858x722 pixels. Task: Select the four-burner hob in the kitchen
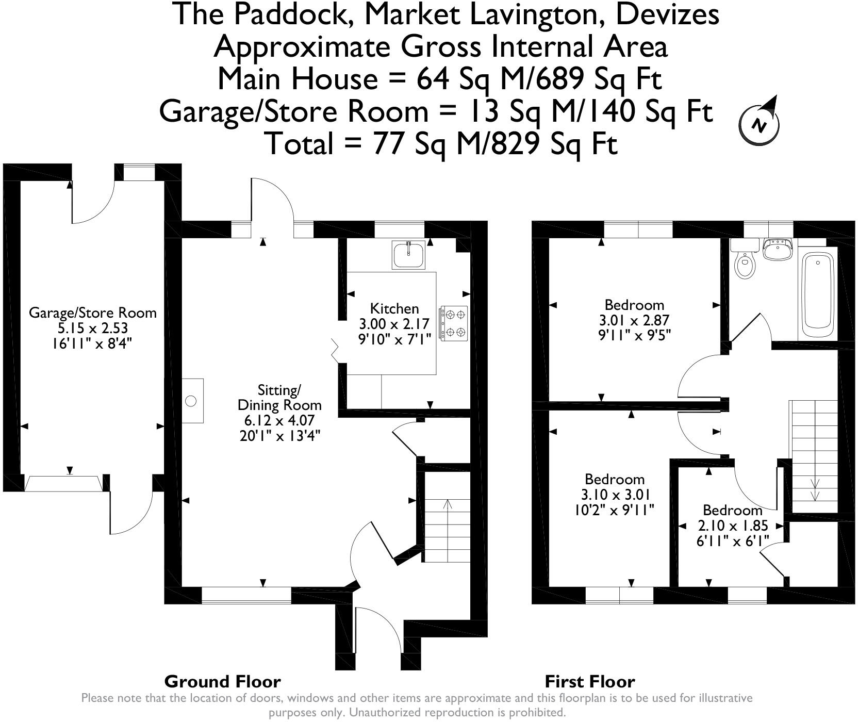coord(454,323)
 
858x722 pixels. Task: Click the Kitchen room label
coord(394,309)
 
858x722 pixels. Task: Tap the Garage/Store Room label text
coord(92,313)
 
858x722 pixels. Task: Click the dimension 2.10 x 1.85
coord(733,526)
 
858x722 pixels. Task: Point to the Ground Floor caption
coord(222,682)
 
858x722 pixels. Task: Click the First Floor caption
coord(590,682)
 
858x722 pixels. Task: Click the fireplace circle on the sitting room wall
coord(191,401)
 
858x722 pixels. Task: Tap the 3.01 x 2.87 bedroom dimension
coord(634,320)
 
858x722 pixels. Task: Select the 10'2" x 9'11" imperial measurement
coord(614,511)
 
